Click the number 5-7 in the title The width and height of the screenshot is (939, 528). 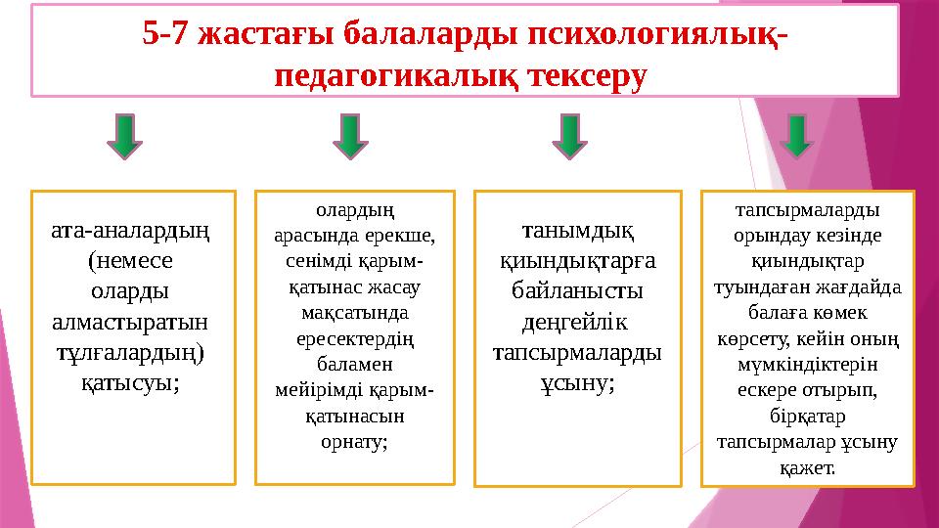pos(165,34)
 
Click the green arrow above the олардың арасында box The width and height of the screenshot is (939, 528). pos(350,136)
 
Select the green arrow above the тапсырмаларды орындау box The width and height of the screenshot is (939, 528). pos(798,136)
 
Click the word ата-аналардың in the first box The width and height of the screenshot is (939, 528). pos(134,233)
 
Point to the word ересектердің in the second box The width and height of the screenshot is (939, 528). pos(354,339)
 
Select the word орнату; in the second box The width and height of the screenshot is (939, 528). pos(354,441)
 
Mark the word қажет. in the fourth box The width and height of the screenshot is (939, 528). pos(808,466)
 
